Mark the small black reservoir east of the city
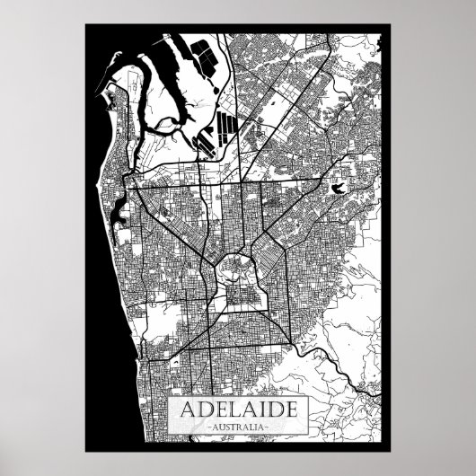(339, 188)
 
